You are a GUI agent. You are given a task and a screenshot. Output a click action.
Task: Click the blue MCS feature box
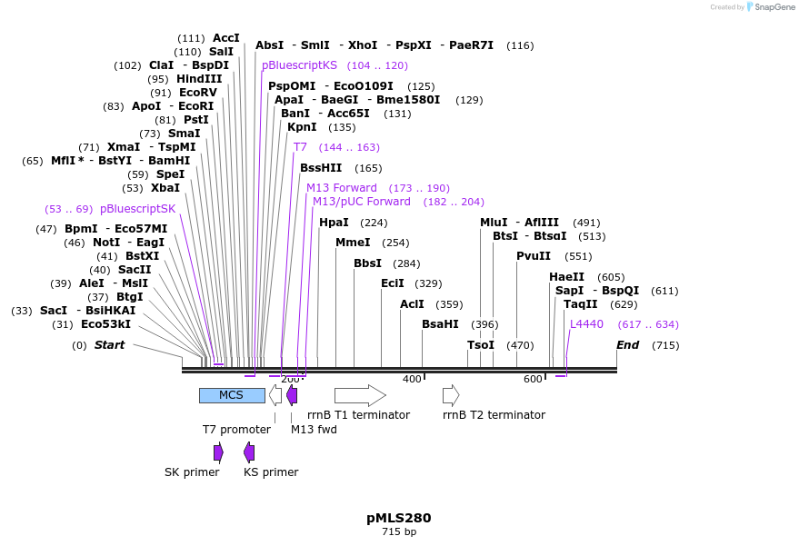(x=232, y=395)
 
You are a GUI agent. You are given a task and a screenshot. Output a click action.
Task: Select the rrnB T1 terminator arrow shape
(x=360, y=395)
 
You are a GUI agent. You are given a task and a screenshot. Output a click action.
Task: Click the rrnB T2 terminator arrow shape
(x=451, y=395)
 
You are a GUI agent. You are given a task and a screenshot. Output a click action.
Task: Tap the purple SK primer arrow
(x=218, y=452)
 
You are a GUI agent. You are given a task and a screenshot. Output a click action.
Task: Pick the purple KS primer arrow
(x=249, y=452)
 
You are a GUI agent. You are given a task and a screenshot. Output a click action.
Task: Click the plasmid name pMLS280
(x=399, y=518)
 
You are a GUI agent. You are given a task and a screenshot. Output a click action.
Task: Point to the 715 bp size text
(x=399, y=531)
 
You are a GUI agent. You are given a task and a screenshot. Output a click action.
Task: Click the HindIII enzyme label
(x=199, y=79)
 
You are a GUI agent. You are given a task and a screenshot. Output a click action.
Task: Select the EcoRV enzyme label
(x=198, y=93)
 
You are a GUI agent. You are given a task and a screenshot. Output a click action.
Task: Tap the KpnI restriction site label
(x=302, y=127)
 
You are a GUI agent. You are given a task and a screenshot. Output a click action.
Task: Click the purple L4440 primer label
(x=586, y=324)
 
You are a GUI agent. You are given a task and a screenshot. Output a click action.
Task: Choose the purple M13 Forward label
(x=342, y=188)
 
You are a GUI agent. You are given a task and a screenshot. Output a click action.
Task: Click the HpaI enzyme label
(x=334, y=223)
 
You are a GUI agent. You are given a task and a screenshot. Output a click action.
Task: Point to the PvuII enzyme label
(x=534, y=256)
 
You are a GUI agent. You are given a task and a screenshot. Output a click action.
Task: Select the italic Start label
(x=109, y=345)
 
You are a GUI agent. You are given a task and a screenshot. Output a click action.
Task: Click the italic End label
(x=627, y=345)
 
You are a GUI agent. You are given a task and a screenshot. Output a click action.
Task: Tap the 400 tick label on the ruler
(x=412, y=379)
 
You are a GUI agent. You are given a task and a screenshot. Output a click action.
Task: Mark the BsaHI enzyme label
(x=440, y=324)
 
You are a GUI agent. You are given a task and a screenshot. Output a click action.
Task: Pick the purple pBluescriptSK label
(x=137, y=209)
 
